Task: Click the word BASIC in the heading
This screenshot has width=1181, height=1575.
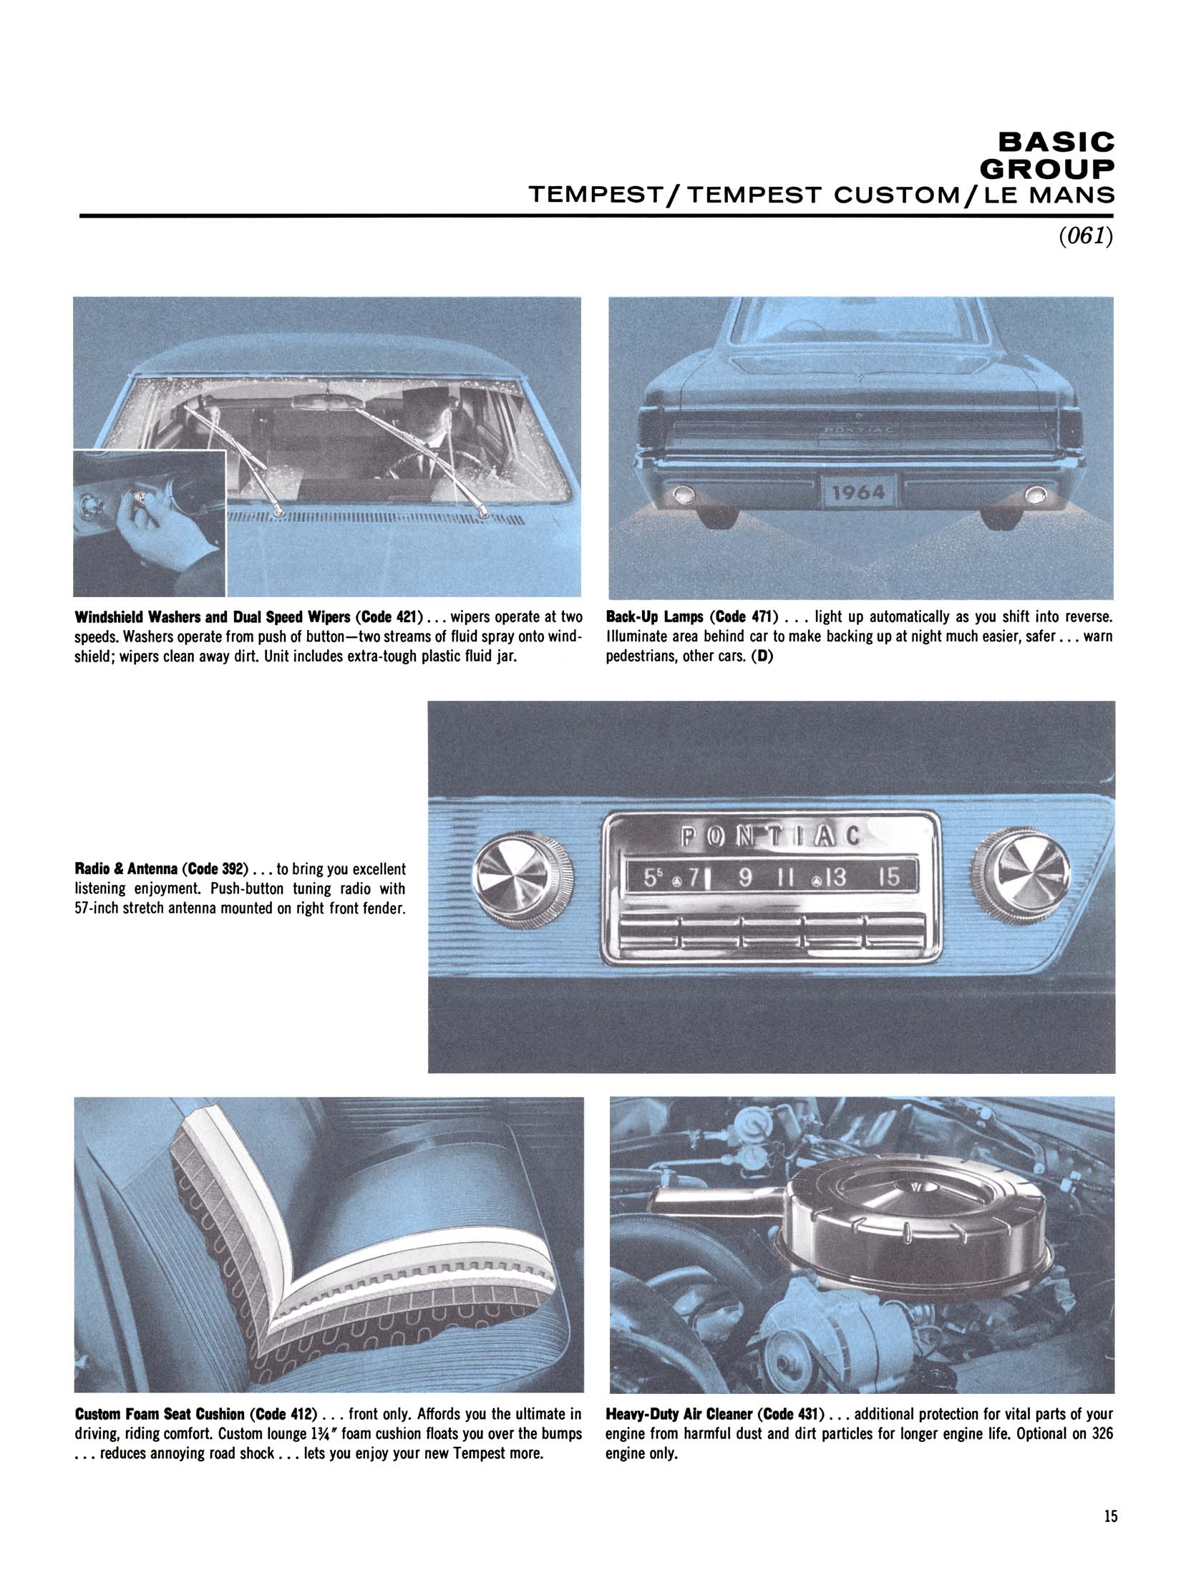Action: tap(1056, 142)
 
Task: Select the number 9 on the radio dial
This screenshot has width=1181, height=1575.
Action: tap(744, 878)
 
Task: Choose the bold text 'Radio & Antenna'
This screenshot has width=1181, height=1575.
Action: tap(126, 869)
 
